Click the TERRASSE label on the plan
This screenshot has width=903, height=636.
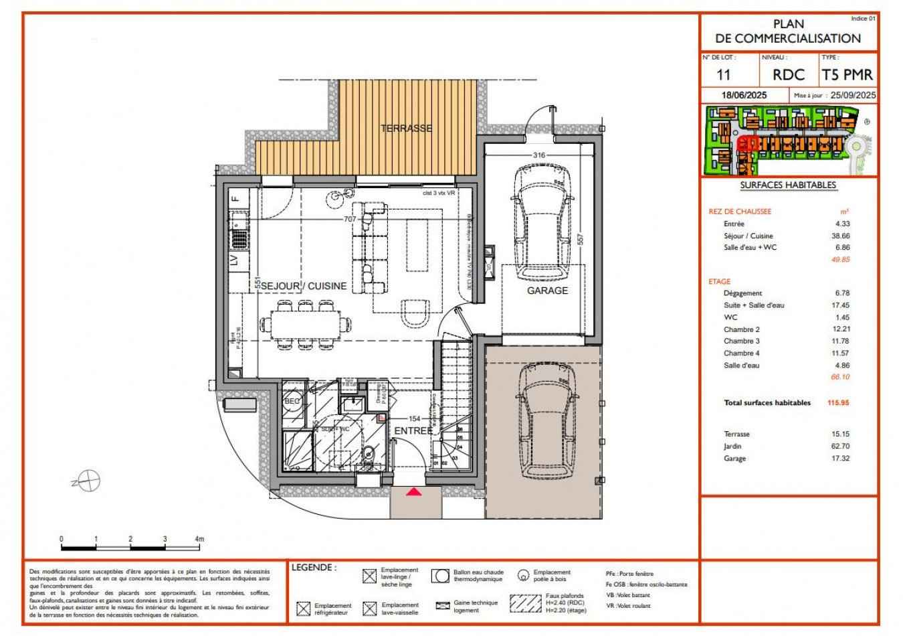click(x=406, y=128)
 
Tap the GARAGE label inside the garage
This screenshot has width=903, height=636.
click(x=547, y=291)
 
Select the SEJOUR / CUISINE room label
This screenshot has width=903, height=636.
click(x=304, y=286)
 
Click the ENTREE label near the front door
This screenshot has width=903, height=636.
click(x=413, y=430)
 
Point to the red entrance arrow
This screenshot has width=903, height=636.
click(x=415, y=492)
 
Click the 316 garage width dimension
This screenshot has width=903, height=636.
click(x=538, y=155)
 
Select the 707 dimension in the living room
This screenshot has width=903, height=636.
click(x=350, y=219)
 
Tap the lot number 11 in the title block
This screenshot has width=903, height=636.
click(x=724, y=75)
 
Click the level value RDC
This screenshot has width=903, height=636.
click(x=789, y=75)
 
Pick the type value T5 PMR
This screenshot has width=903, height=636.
click(x=847, y=75)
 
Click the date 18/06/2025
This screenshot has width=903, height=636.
click(x=744, y=95)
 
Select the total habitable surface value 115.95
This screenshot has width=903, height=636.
click(x=837, y=403)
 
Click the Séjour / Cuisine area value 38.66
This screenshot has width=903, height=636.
click(x=841, y=236)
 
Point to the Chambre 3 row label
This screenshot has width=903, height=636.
click(x=741, y=341)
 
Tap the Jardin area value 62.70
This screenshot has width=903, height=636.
click(x=841, y=447)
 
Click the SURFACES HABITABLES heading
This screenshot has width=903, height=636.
click(x=788, y=185)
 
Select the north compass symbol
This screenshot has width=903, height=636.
click(x=88, y=481)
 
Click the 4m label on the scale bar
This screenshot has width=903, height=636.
click(x=199, y=539)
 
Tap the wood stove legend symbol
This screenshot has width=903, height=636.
click(x=523, y=575)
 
